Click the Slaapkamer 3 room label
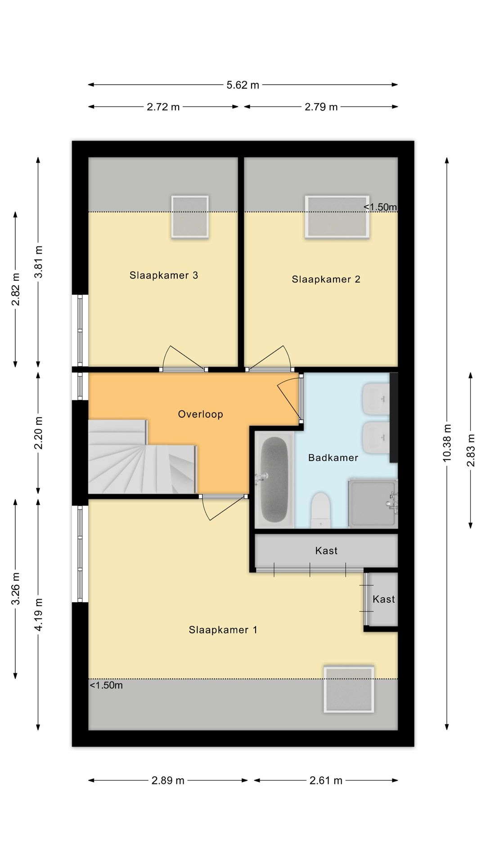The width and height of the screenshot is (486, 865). click(164, 275)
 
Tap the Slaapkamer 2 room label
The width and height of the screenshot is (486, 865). click(326, 279)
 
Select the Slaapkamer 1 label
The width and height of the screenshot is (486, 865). click(223, 630)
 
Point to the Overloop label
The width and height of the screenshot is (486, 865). click(201, 414)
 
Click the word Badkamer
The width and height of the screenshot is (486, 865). click(333, 458)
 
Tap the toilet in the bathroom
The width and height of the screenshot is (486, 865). click(321, 510)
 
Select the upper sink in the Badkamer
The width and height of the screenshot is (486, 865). click(376, 399)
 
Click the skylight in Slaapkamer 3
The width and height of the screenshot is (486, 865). click(190, 217)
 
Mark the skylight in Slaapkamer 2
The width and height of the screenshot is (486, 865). click(337, 217)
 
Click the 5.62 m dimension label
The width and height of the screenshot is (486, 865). click(243, 85)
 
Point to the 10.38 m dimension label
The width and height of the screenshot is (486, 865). click(447, 443)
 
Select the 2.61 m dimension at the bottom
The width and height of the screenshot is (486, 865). click(326, 780)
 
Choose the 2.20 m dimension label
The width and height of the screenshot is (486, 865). click(38, 433)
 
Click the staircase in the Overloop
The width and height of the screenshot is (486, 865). click(142, 457)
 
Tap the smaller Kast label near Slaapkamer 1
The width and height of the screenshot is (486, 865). click(384, 599)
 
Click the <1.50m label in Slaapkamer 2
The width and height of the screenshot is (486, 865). click(381, 207)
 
